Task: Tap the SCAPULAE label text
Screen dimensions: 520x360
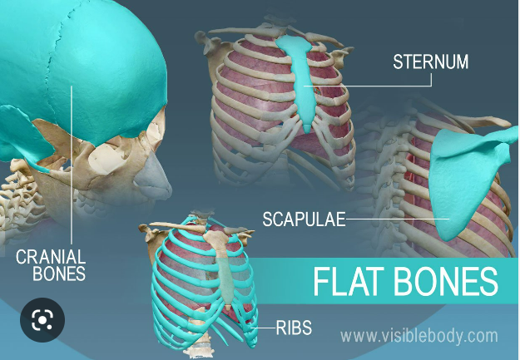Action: point(302,219)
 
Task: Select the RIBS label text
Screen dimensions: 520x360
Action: point(295,328)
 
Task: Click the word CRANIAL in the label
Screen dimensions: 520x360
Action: point(49,256)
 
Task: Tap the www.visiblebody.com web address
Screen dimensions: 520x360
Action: point(420,337)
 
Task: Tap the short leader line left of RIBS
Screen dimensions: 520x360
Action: point(267,328)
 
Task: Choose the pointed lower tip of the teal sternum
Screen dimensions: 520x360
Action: point(312,128)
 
